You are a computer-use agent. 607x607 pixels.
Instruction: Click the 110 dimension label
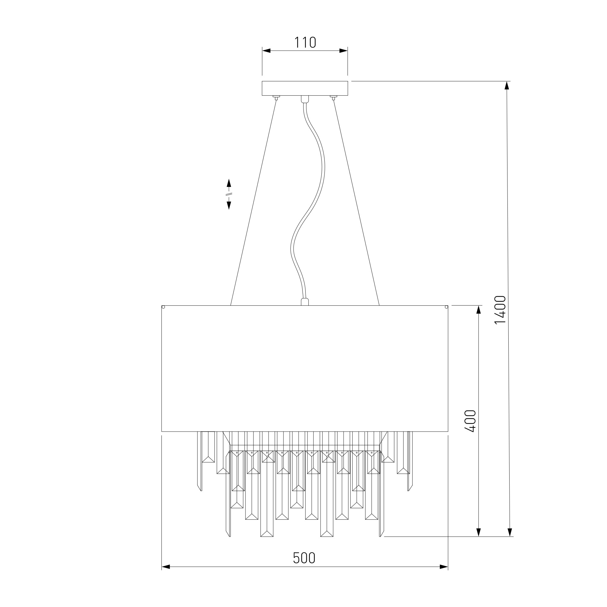305,42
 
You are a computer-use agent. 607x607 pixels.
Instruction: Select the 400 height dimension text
470,421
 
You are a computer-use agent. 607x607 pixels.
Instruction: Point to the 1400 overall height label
500,310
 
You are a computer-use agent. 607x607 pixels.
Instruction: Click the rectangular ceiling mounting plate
305,88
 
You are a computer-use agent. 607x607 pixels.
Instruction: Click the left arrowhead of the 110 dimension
266,51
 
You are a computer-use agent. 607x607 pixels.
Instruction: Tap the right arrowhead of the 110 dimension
343,51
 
